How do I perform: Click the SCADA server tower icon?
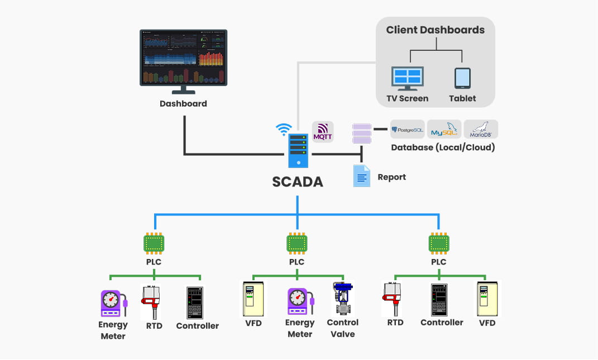pyautogui.click(x=297, y=151)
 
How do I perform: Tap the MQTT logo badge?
pyautogui.click(x=323, y=132)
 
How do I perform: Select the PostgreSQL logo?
pyautogui.click(x=407, y=129)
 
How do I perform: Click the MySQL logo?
pyautogui.click(x=444, y=129)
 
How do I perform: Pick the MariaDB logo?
pyautogui.click(x=480, y=129)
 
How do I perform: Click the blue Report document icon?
pyautogui.click(x=362, y=176)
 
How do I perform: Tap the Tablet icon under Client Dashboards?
pyautogui.click(x=462, y=79)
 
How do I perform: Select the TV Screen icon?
pyautogui.click(x=407, y=79)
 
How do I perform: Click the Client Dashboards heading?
pyautogui.click(x=435, y=30)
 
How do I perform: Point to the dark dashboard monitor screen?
pyautogui.click(x=183, y=57)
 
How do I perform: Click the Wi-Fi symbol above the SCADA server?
pyautogui.click(x=284, y=129)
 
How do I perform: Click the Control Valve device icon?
pyautogui.click(x=342, y=299)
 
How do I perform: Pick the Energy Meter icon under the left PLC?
pyautogui.click(x=112, y=304)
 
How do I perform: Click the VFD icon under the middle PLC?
pyautogui.click(x=253, y=299)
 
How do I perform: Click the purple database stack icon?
pyautogui.click(x=362, y=134)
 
